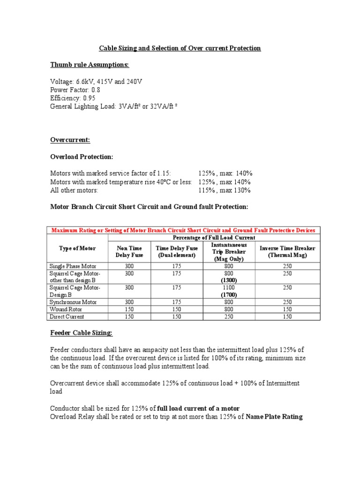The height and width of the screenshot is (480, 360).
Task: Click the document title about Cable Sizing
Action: click(180, 48)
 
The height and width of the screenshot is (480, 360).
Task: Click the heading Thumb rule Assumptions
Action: click(90, 64)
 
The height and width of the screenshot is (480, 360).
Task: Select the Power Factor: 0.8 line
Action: click(75, 90)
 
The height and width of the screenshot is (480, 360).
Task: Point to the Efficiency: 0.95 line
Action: click(73, 98)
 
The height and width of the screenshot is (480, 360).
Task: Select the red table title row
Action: click(183, 230)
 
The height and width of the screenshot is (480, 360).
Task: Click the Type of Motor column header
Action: click(77, 248)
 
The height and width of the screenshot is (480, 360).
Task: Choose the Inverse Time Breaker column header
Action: click(287, 251)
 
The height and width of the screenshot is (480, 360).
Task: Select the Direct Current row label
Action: click(67, 317)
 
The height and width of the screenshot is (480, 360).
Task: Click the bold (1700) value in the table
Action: click(230, 295)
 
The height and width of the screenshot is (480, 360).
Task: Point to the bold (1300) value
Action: click(230, 280)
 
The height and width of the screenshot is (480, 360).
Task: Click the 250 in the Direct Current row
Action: click(230, 317)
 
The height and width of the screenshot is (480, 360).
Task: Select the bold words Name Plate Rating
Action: click(274, 416)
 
